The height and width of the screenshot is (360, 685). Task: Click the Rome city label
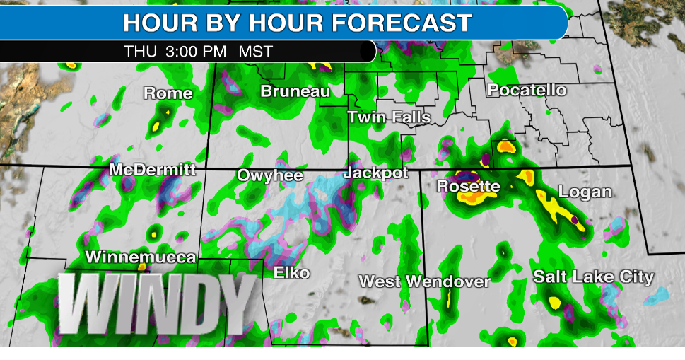coord(168,93)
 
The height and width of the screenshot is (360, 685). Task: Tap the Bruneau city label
coord(295,91)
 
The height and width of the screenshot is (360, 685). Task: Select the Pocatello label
coord(527,91)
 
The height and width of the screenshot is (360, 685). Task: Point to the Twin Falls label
coord(389,117)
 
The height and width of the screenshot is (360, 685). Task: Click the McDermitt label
coord(153,170)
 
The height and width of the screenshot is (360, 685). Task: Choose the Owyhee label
coord(270,175)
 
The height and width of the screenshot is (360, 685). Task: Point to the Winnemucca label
coord(141,257)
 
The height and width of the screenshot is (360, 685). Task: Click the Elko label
coord(292,272)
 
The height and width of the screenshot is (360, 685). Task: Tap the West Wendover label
coord(424,281)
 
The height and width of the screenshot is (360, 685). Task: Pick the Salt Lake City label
coord(594,277)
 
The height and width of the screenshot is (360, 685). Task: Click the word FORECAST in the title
coord(403,23)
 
